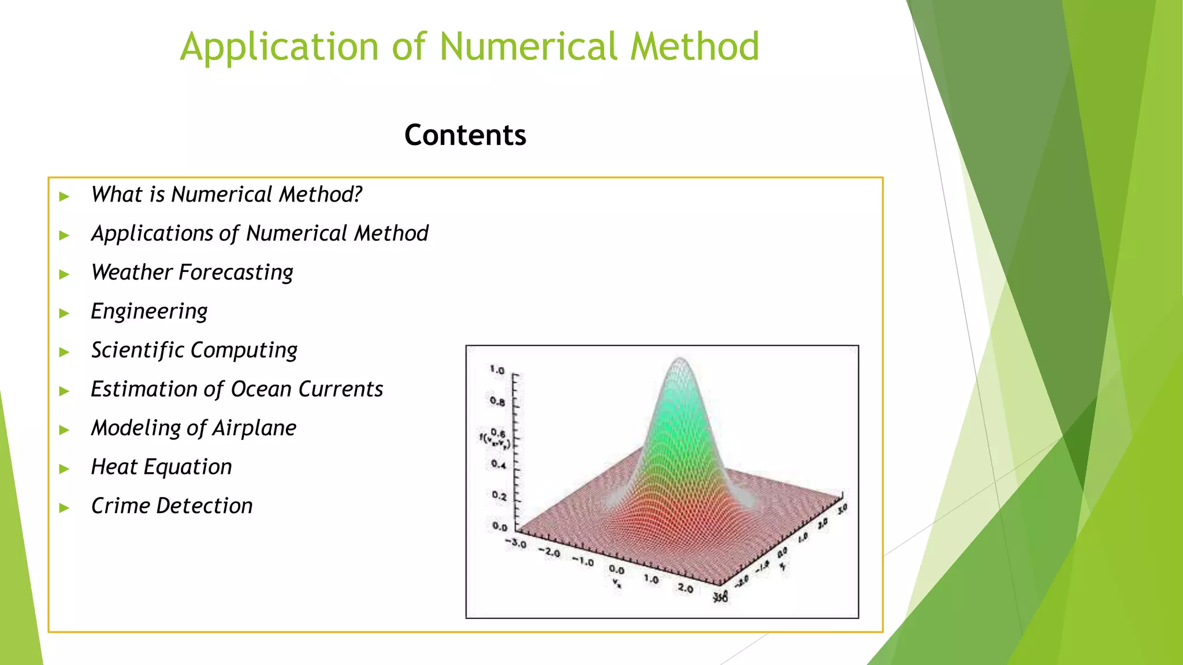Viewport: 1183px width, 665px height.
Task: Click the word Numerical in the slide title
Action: point(528,47)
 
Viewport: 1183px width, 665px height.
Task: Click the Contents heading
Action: point(465,135)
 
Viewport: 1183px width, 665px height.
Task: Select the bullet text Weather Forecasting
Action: point(192,272)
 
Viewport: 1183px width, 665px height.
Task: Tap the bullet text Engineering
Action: point(149,312)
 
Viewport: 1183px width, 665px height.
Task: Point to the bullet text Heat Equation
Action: point(161,467)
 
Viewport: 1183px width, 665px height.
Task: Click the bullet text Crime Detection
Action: point(172,506)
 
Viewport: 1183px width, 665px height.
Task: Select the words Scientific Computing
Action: point(194,350)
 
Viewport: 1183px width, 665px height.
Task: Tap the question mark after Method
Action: point(358,195)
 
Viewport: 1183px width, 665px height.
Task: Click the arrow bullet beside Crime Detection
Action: point(64,508)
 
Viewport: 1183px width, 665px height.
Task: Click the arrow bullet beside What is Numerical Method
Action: point(64,197)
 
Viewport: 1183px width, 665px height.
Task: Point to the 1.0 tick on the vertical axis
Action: point(497,369)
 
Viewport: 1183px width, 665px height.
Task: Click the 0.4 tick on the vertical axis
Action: point(499,464)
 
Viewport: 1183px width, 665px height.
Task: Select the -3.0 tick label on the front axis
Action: point(515,544)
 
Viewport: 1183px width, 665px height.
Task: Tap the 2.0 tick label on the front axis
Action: point(685,588)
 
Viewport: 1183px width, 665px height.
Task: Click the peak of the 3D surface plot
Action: point(681,360)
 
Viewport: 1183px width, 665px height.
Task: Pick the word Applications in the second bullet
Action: point(152,234)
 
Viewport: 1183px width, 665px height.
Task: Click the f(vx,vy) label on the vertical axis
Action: point(494,440)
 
